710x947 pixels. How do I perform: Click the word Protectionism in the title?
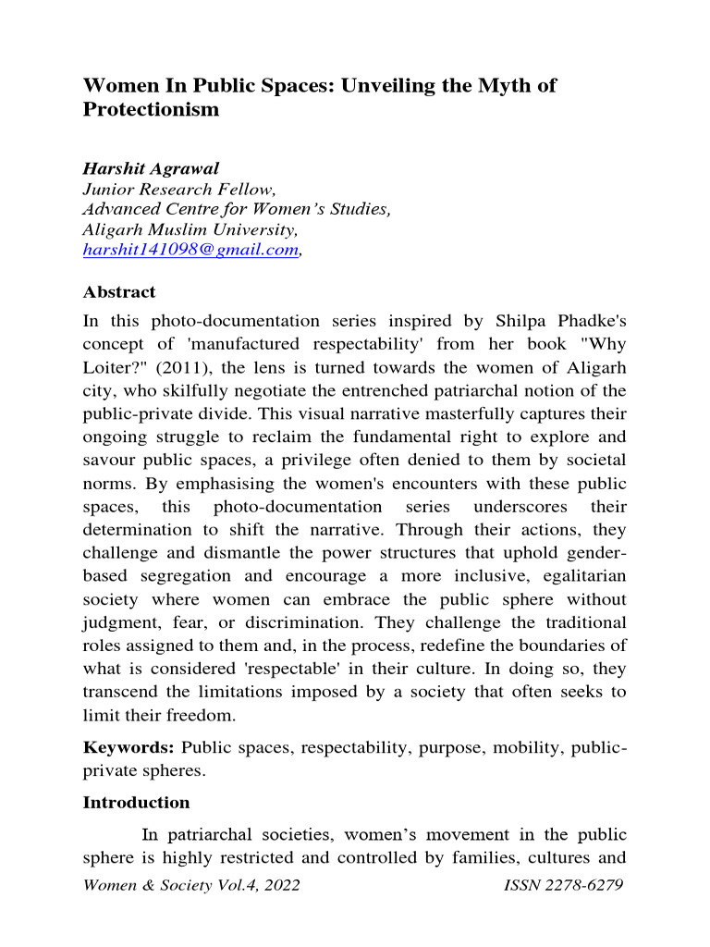[x=152, y=110]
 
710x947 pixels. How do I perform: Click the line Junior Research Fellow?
[x=170, y=190]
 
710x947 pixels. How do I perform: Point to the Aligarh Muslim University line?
[x=190, y=229]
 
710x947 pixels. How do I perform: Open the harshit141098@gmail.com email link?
[x=190, y=250]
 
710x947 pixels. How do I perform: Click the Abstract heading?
[x=119, y=292]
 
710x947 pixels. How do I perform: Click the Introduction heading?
[x=136, y=803]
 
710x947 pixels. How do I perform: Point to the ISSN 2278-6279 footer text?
[x=564, y=886]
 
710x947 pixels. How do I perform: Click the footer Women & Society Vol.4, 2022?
[x=191, y=886]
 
